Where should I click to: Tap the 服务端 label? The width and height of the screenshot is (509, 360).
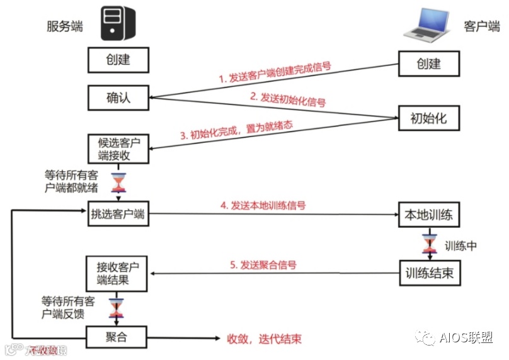pyautogui.click(x=64, y=26)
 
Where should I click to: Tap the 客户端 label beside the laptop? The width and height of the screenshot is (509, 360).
pyautogui.click(x=482, y=26)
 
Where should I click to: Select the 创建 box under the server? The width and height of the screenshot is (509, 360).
pyautogui.click(x=118, y=60)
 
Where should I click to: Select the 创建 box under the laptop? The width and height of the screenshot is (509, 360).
pyautogui.click(x=429, y=63)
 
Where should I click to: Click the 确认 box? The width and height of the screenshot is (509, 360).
pyautogui.click(x=118, y=98)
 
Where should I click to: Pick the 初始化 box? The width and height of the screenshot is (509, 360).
pyautogui.click(x=429, y=117)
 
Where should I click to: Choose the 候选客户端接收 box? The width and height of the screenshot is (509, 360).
pyautogui.click(x=118, y=149)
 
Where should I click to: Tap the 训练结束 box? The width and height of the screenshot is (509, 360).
pyautogui.click(x=429, y=273)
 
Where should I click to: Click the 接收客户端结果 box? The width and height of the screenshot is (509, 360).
pyautogui.click(x=118, y=271)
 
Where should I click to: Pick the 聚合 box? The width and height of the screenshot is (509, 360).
pyautogui.click(x=118, y=336)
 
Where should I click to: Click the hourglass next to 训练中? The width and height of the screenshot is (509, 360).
pyautogui.click(x=432, y=245)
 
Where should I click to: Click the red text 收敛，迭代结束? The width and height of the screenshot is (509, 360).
pyautogui.click(x=264, y=339)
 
